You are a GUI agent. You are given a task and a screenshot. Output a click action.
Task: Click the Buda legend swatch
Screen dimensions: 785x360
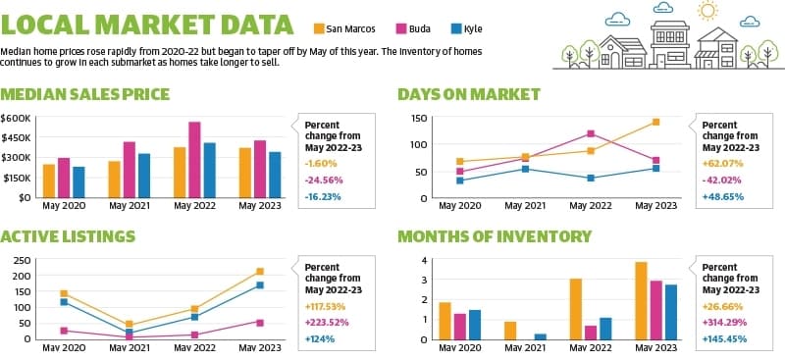(402, 28)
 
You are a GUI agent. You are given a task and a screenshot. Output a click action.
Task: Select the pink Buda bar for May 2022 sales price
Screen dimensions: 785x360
(194, 160)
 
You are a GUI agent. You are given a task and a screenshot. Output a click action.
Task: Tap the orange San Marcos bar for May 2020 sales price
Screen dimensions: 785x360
(49, 180)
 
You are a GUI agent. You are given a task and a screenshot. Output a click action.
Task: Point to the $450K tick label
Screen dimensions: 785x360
(16, 137)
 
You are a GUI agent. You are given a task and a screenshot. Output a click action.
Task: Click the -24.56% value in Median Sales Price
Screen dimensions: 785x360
(322, 180)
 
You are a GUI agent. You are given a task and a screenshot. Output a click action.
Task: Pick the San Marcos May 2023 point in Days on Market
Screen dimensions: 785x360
(655, 122)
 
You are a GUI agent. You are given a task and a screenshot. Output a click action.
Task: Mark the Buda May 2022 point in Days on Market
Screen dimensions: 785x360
(591, 133)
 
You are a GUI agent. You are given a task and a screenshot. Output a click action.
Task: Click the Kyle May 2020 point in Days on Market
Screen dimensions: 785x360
(460, 180)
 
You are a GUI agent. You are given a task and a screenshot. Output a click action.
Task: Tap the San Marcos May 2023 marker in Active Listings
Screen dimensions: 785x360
(260, 272)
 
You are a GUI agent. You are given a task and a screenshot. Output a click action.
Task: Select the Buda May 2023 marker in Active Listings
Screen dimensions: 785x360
(260, 323)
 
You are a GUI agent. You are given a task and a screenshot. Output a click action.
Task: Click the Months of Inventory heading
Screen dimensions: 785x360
(495, 236)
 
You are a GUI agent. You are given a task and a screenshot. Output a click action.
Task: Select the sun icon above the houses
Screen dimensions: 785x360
(707, 11)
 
